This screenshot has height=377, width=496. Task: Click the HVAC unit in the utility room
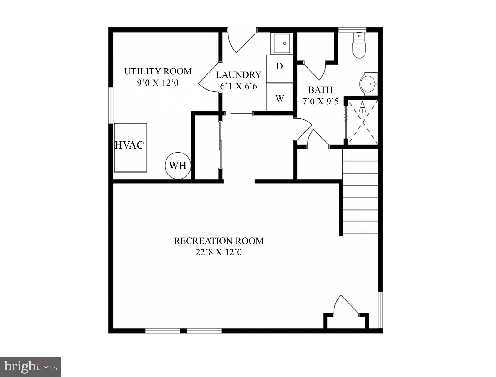click(x=130, y=148)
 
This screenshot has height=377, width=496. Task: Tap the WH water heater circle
click(x=178, y=166)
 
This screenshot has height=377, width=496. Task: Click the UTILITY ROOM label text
click(x=158, y=72)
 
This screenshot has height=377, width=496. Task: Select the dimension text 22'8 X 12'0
click(x=219, y=252)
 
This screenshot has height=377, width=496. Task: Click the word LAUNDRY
click(x=238, y=75)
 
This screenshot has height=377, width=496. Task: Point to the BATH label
click(x=320, y=90)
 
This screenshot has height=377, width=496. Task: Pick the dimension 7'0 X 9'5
click(x=320, y=101)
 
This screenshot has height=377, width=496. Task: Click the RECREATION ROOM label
click(x=219, y=241)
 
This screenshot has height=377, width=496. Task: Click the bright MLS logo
click(x=30, y=367)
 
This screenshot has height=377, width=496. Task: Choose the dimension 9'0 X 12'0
click(x=158, y=83)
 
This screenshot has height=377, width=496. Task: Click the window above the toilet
click(x=352, y=30)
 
